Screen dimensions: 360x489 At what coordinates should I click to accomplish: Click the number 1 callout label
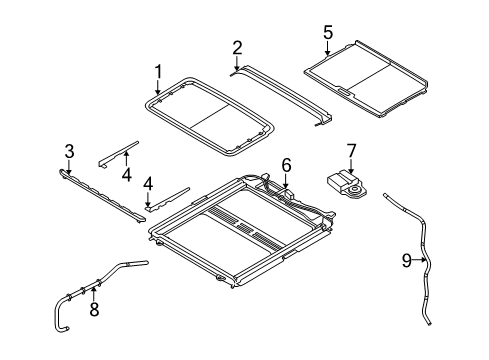point(157,71)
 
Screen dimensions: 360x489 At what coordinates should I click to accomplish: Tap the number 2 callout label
point(237,47)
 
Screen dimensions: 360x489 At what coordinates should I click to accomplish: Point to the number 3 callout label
point(69,151)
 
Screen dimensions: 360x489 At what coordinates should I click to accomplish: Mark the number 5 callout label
point(327,32)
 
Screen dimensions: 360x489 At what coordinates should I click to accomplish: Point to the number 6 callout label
point(286,164)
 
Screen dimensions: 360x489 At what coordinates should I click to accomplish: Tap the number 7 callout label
point(351,150)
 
